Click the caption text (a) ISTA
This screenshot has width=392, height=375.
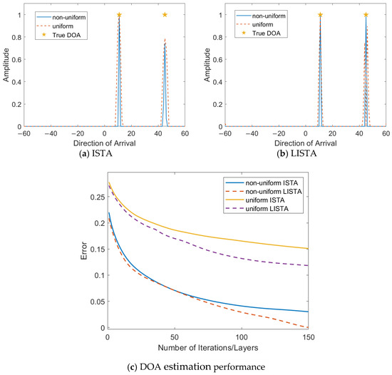[x=104, y=150]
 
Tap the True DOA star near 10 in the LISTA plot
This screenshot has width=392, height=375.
[x=320, y=15]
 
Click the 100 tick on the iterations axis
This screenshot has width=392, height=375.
[x=243, y=337]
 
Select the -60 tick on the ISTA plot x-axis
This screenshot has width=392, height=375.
[x=24, y=133]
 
